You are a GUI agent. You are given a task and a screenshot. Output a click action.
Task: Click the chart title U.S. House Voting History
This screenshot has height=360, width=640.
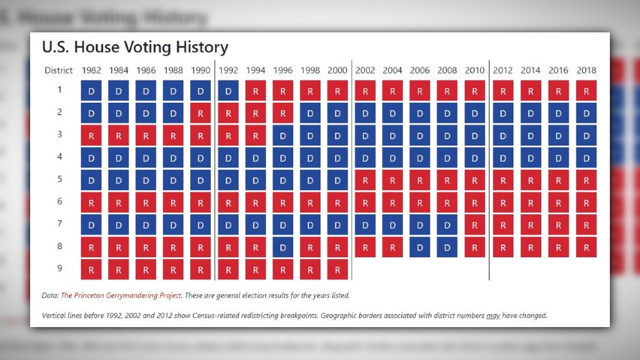[135, 47]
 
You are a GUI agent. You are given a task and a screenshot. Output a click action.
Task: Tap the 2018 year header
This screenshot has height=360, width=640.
[586, 70]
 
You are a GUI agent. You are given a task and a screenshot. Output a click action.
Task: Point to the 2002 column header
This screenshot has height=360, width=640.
[365, 70]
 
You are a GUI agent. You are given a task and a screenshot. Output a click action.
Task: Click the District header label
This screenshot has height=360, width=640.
[59, 70]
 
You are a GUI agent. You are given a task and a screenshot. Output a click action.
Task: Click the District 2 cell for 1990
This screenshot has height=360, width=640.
[201, 113]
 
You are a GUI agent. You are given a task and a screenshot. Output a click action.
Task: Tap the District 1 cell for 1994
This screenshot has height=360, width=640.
[255, 91]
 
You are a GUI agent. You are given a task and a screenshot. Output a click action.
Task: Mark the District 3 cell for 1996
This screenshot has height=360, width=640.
[283, 135]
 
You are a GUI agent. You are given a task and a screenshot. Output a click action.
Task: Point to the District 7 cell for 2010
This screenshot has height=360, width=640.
[475, 225]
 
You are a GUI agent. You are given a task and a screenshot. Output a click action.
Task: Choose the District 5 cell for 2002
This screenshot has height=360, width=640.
[365, 180]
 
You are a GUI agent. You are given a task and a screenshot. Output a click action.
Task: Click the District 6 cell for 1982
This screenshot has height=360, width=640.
[91, 203]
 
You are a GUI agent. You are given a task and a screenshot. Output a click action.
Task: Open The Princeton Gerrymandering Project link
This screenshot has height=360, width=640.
[122, 295]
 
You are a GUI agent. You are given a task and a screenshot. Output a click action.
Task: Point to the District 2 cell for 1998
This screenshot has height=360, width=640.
[310, 113]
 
